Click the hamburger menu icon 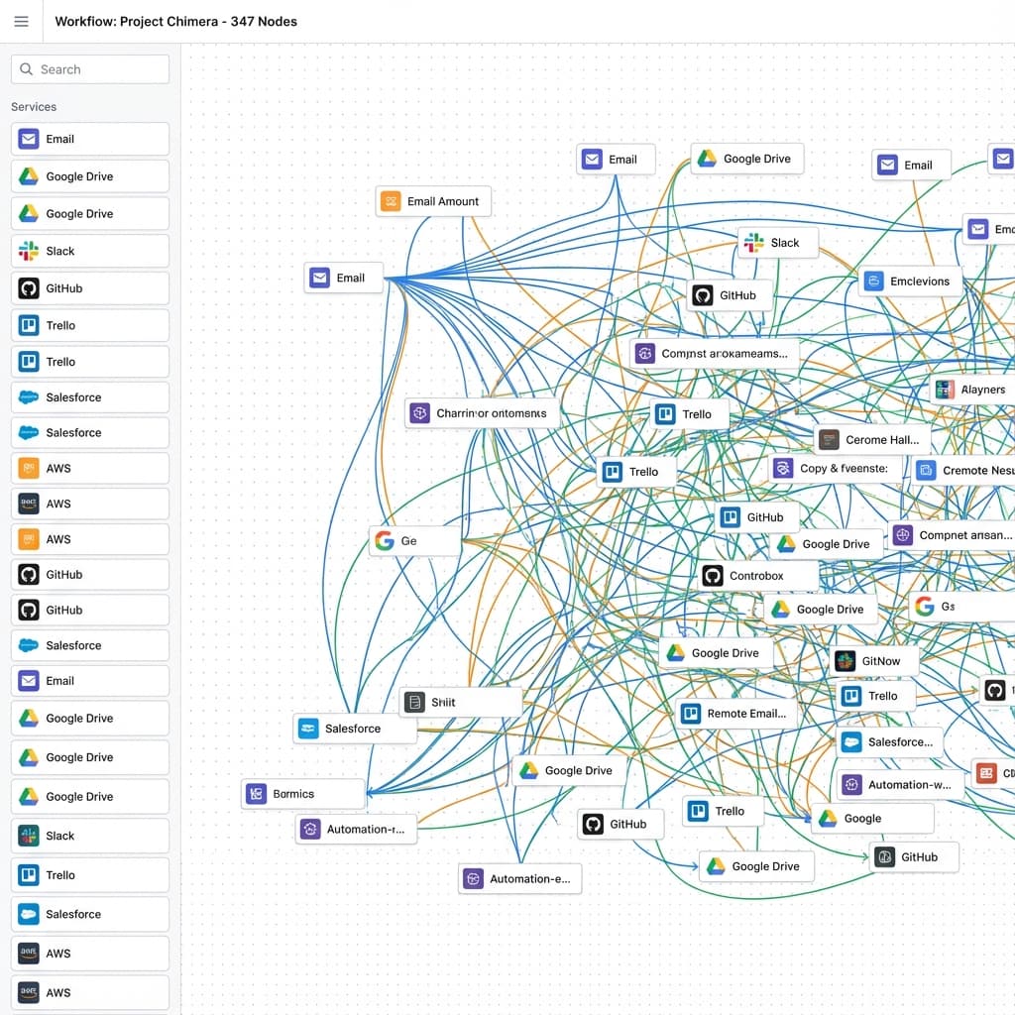(21, 22)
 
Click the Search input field (90, 69)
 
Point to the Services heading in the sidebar (34, 106)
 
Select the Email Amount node (433, 201)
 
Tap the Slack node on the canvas (777, 243)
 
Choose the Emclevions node (910, 282)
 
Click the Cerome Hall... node (873, 439)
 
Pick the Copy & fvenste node (838, 468)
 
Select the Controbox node (758, 575)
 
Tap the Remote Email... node (735, 713)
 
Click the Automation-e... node (520, 878)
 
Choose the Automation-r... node (357, 829)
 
